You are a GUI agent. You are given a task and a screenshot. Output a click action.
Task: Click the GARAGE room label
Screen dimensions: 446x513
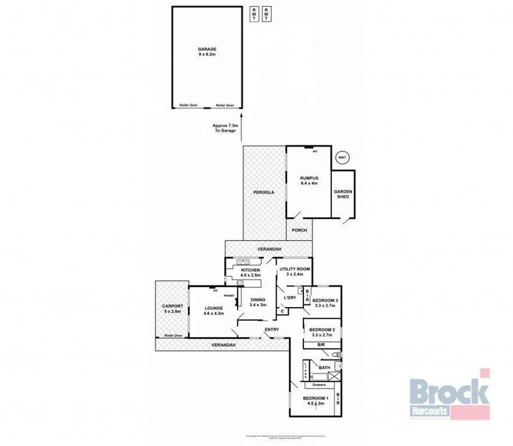(x=206, y=51)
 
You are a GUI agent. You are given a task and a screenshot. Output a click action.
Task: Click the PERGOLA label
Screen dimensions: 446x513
(x=263, y=192)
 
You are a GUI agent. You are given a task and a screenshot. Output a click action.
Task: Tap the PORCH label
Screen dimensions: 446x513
(x=299, y=231)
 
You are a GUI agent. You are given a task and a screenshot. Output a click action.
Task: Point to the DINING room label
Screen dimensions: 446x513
(x=257, y=302)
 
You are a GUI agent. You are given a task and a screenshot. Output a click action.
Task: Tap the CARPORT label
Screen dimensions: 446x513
(x=173, y=308)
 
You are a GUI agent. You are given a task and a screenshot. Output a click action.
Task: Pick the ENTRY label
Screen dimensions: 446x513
(x=271, y=330)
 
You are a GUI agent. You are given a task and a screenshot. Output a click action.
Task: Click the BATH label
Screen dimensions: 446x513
(x=324, y=368)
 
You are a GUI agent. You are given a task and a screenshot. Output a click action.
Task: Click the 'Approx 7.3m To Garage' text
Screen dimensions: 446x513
(x=224, y=128)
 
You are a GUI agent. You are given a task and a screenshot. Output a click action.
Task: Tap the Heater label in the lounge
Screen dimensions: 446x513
(x=229, y=296)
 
